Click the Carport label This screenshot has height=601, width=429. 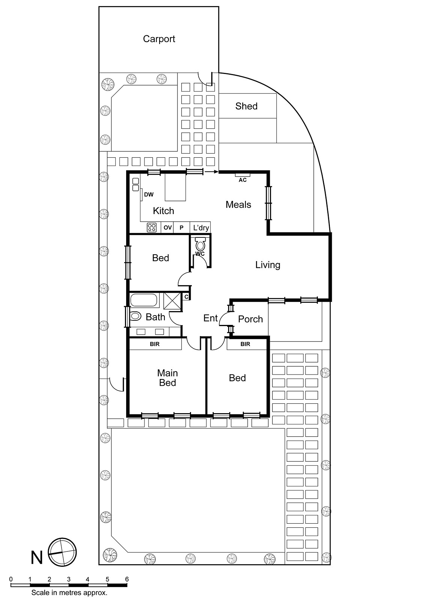(x=159, y=39)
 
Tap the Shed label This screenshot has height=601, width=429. (x=246, y=106)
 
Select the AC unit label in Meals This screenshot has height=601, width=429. (x=242, y=180)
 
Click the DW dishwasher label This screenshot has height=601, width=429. (x=149, y=195)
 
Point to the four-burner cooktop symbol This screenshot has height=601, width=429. (x=152, y=227)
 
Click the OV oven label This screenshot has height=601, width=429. (x=167, y=228)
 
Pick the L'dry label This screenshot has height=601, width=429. (x=201, y=228)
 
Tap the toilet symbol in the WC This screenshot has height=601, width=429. (x=200, y=245)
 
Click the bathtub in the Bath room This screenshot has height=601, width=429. (x=144, y=300)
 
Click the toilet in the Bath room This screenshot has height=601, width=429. (x=135, y=316)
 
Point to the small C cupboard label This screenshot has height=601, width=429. (x=186, y=297)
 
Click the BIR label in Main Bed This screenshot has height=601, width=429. (x=155, y=344)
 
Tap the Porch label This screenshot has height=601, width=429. (x=250, y=319)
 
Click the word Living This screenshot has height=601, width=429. (x=268, y=265)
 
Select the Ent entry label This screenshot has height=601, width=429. (x=210, y=318)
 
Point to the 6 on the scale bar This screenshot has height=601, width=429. (x=127, y=579)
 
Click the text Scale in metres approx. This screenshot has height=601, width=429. (x=69, y=593)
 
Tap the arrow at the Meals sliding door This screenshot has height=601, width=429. (x=211, y=172)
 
